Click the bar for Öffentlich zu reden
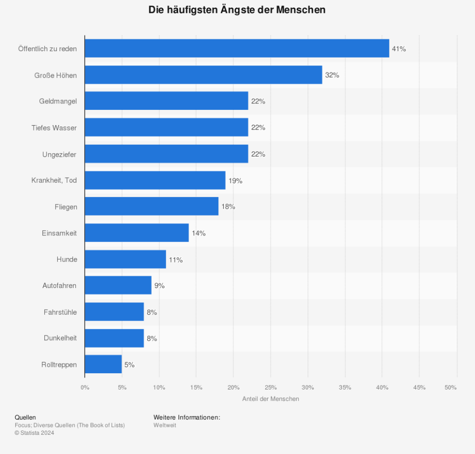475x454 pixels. coord(237,48)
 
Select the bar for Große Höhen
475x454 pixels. coord(203,75)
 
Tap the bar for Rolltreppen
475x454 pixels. coord(103,364)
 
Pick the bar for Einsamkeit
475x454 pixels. coord(136,233)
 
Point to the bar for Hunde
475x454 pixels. coord(125,259)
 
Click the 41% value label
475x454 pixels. coord(399,49)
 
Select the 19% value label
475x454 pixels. coord(235,181)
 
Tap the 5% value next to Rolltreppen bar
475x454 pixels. coord(129,365)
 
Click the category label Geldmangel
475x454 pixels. coord(58,101)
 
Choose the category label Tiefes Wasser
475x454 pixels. coord(54,128)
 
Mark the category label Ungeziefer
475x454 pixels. coord(59,154)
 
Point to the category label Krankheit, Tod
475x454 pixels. coord(54,180)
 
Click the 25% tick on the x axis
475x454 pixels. coord(271,388)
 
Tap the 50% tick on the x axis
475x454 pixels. coord(450,388)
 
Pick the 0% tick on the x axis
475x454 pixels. coord(85,388)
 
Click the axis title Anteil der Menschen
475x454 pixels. coord(271,399)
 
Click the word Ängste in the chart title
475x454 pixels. coord(244,10)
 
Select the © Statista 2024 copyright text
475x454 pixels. coord(34,433)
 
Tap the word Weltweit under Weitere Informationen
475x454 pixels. coord(165,425)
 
